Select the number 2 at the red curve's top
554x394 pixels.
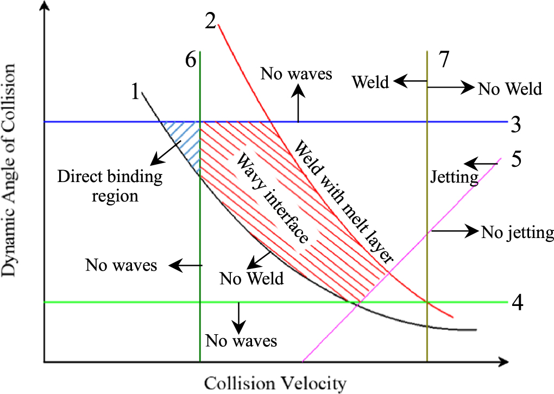tap(211, 20)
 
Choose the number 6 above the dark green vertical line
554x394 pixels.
tap(191, 60)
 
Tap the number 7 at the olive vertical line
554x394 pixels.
tap(444, 59)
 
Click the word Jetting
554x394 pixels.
tap(454, 177)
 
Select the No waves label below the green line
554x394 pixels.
tap(241, 341)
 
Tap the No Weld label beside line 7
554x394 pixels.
tap(510, 89)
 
